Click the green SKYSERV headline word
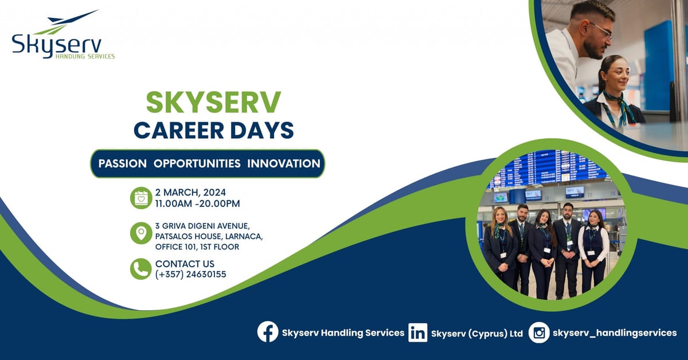point(213,103)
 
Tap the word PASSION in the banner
point(122,163)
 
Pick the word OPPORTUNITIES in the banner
point(197,163)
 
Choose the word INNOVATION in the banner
point(283,163)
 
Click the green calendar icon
point(140,198)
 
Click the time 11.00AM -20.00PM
point(197,204)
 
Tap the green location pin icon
point(140,233)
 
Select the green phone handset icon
point(140,268)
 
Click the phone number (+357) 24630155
point(190,275)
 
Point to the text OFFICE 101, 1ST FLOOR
point(197,247)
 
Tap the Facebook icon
point(268,332)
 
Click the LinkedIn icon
point(417,332)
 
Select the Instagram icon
point(538,332)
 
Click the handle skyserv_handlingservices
point(614,332)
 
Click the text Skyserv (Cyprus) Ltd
point(476,333)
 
